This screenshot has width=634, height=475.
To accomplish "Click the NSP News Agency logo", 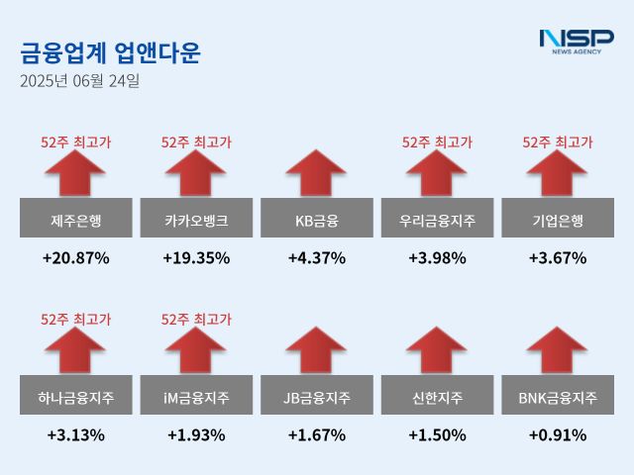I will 576,41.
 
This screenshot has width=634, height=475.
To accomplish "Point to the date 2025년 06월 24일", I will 79,81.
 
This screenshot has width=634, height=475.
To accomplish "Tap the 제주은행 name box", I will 75,219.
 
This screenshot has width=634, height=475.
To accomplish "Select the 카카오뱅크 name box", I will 196,219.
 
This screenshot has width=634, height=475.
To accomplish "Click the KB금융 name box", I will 317,219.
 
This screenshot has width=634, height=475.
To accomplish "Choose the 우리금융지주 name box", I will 437,219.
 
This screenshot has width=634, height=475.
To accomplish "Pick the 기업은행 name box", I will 558,219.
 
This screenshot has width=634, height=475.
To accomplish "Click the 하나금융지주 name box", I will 75,397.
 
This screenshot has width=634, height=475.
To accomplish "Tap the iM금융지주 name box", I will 196,397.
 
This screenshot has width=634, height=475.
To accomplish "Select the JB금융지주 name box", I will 317,397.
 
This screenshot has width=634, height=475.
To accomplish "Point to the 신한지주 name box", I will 437,397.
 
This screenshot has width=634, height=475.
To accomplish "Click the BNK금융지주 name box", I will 558,397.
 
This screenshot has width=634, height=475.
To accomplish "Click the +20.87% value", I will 75,258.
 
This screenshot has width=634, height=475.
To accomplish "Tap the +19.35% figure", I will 196,258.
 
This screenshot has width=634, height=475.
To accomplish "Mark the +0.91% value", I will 558,435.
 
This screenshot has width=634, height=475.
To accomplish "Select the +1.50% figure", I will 437,435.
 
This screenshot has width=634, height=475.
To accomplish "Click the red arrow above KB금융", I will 317,173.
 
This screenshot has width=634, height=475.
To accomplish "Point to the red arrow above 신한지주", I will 437,351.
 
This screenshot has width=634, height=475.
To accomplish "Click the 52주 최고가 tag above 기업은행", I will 558,142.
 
